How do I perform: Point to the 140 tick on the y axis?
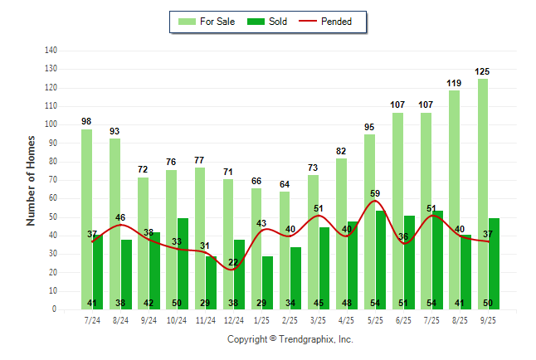click(51, 50)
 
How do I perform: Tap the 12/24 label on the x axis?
click(233, 319)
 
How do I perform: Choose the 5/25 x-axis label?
click(374, 319)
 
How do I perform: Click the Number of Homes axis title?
click(32, 180)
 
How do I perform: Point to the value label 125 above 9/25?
click(482, 72)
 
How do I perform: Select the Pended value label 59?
click(375, 194)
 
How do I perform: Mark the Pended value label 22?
click(233, 262)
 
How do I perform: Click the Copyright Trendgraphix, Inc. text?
click(290, 339)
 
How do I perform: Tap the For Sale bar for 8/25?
click(454, 199)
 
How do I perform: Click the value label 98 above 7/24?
click(86, 122)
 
